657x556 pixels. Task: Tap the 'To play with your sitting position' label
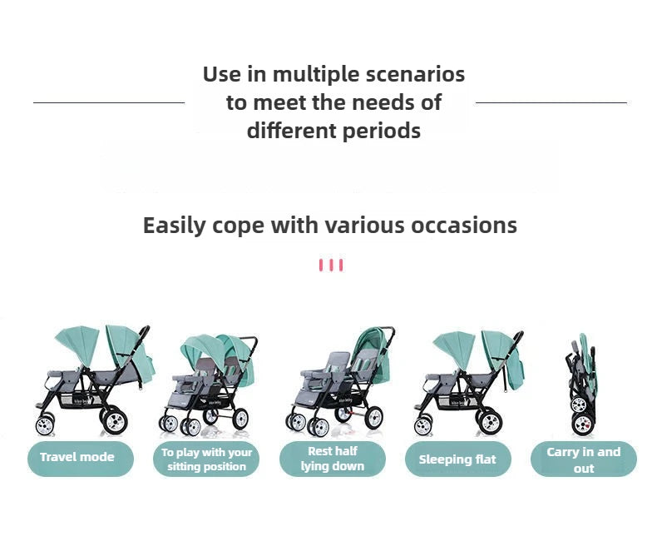click(x=206, y=459)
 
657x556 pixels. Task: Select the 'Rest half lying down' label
click(x=332, y=459)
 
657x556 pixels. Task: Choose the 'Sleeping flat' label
click(x=457, y=459)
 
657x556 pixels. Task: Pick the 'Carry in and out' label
click(x=583, y=459)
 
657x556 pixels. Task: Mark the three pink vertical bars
click(x=330, y=266)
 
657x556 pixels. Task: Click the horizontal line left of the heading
click(x=108, y=102)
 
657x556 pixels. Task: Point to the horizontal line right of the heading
click(x=551, y=102)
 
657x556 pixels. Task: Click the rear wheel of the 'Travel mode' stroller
click(x=114, y=420)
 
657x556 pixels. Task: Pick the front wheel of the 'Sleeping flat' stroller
click(x=423, y=425)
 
